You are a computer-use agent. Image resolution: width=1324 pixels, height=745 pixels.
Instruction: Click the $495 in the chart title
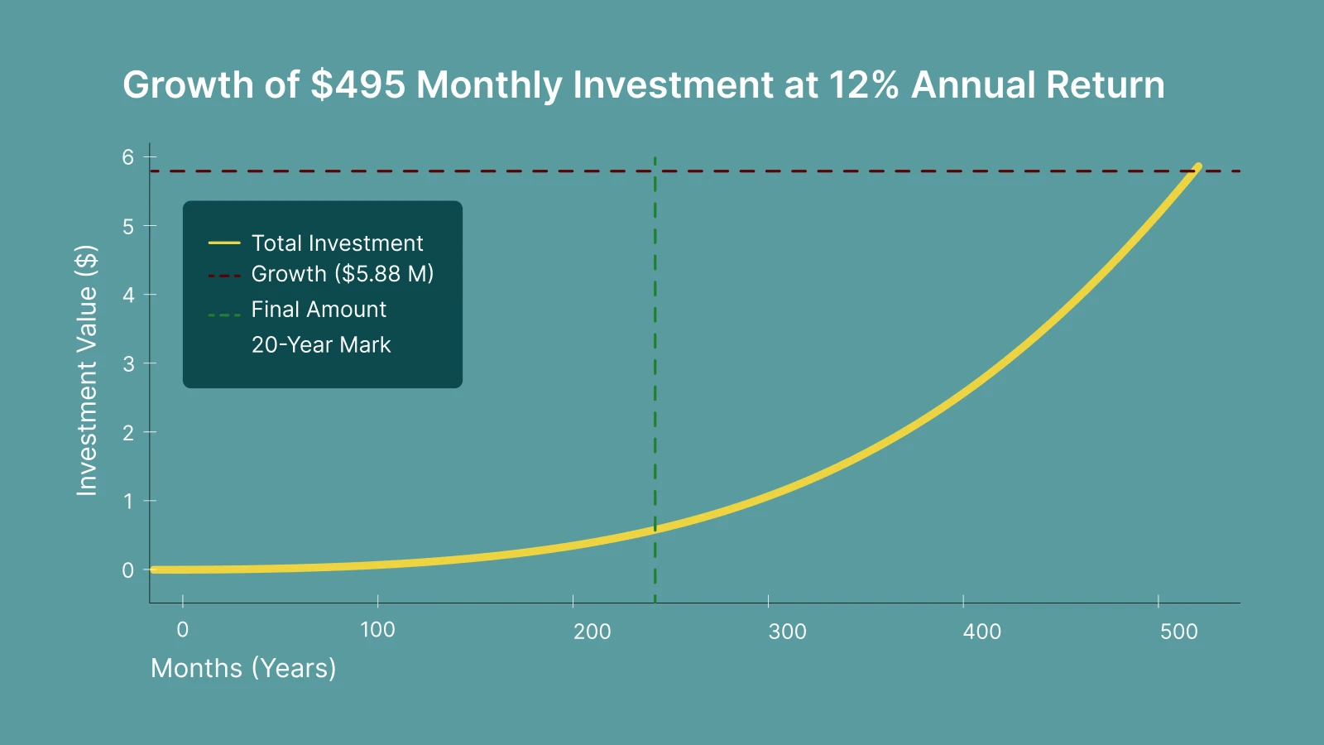click(357, 85)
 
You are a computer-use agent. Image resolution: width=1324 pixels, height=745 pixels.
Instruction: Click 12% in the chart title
click(863, 85)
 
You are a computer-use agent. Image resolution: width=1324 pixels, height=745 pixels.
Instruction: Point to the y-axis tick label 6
click(127, 157)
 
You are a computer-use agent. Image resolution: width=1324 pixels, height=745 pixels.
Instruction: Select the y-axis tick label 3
click(127, 363)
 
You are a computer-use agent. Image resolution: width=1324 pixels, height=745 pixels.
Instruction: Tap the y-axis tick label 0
click(127, 570)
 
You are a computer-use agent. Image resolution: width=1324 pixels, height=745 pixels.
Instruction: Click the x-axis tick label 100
click(377, 630)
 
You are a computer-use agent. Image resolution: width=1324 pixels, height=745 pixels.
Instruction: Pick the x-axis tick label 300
click(787, 632)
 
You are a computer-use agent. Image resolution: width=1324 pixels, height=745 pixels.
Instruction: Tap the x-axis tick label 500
click(1178, 632)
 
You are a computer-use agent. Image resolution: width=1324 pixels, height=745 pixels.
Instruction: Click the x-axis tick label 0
click(183, 630)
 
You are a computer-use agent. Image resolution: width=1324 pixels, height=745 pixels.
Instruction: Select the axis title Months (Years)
click(243, 668)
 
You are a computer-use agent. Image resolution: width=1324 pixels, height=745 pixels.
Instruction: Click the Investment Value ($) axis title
click(87, 370)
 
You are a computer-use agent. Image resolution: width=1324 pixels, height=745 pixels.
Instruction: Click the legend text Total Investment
click(337, 243)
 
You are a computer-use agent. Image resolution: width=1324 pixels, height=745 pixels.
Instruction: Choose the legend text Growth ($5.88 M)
click(343, 274)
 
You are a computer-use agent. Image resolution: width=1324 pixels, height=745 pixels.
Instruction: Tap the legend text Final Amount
click(319, 310)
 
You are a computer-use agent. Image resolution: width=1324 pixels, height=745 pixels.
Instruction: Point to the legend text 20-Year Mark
click(321, 345)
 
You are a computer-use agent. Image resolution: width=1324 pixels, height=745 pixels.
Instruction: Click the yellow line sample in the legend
click(224, 243)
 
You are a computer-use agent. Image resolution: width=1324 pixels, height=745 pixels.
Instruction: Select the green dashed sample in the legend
click(224, 315)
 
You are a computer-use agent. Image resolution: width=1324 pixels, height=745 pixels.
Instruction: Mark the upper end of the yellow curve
click(1197, 166)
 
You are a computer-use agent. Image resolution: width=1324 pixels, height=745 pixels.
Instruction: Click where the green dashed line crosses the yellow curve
click(655, 527)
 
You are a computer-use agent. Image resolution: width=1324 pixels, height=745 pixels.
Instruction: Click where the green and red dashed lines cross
click(655, 171)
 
